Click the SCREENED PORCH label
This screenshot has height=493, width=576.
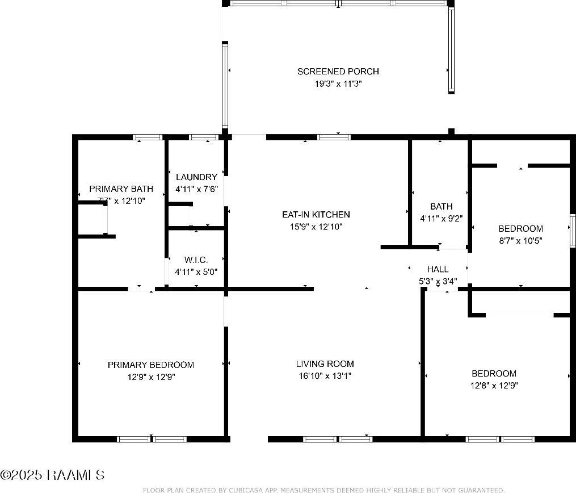(x=338, y=72)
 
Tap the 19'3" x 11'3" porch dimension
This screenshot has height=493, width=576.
(x=338, y=83)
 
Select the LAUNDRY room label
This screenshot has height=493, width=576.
(x=196, y=177)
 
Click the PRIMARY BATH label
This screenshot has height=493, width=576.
(x=121, y=189)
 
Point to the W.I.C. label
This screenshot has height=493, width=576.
(x=196, y=260)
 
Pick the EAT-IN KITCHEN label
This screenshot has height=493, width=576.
(x=316, y=215)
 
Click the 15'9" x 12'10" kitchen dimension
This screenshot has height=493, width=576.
(x=316, y=226)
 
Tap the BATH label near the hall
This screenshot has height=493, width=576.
(x=441, y=207)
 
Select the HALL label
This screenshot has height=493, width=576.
(x=438, y=269)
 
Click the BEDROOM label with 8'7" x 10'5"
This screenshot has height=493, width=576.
(x=520, y=229)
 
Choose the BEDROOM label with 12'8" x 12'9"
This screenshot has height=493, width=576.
(x=494, y=373)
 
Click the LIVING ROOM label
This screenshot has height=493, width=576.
(x=325, y=364)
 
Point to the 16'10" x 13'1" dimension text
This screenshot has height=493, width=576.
(x=325, y=375)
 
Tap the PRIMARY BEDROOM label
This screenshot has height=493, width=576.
(x=150, y=365)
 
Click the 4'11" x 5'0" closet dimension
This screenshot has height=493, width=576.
(x=196, y=271)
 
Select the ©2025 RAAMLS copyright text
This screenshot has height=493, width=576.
(x=52, y=475)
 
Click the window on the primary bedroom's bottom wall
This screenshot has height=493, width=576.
(x=152, y=439)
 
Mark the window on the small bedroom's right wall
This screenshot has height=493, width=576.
(x=572, y=231)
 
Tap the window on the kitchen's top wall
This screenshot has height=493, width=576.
(x=334, y=137)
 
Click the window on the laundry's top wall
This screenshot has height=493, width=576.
(x=203, y=137)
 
